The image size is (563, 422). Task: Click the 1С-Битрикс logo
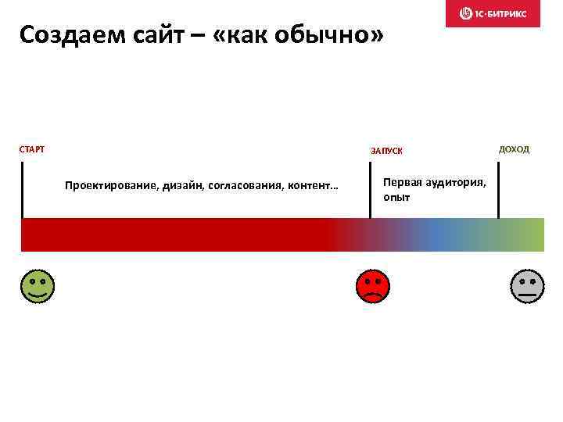point(493,13)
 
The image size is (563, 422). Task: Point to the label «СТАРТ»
point(32,148)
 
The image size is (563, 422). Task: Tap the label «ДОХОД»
point(514,149)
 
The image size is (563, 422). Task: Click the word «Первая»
point(403,182)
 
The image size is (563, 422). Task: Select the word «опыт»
point(396,198)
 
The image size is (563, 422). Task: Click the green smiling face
point(38,286)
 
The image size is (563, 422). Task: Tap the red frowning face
point(372,286)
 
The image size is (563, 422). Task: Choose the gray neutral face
point(527,286)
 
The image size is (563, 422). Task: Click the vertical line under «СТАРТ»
point(22,190)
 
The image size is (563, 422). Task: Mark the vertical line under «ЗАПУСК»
point(370,190)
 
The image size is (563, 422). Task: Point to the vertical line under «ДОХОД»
point(498,190)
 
